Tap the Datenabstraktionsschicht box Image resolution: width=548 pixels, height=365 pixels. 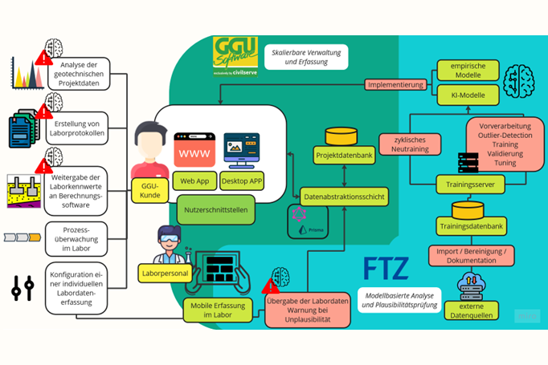tap(344, 194)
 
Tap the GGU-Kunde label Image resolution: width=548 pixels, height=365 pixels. tap(149, 189)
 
